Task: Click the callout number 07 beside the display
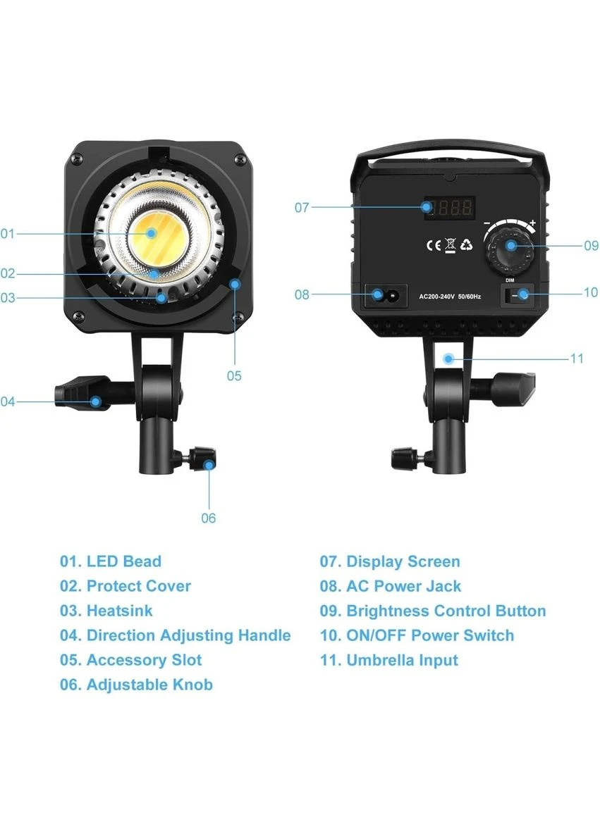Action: pos(301,207)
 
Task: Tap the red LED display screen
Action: pos(448,207)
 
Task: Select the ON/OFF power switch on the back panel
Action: pos(518,294)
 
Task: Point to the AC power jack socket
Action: pos(386,294)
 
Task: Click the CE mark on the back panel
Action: pos(434,245)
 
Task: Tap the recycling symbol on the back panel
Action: pos(466,244)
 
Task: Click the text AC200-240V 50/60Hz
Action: pos(450,297)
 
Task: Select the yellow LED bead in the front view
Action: pos(152,232)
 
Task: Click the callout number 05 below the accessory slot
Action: pos(234,376)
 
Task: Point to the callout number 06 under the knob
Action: pos(209,518)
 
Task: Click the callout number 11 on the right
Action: pos(577,359)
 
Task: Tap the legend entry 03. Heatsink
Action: pos(106,611)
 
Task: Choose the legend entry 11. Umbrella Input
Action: pos(388,660)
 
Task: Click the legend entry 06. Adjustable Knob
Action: pos(136,685)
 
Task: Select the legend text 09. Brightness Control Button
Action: pos(433,611)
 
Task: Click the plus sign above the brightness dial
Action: pos(532,223)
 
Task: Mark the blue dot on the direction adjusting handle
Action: pos(96,401)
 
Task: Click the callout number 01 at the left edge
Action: pos(8,233)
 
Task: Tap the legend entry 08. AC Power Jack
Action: pos(390,586)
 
